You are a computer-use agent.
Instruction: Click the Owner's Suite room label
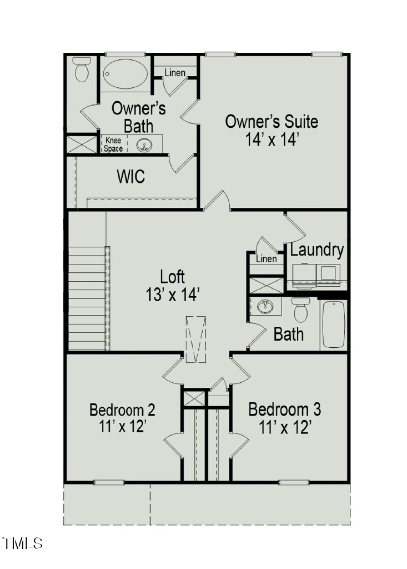[x=272, y=121]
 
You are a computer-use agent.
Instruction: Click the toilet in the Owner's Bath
[x=82, y=69]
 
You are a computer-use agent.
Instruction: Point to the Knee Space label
[x=113, y=144]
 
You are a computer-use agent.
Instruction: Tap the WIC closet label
[x=131, y=177]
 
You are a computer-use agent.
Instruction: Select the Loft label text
[x=172, y=276]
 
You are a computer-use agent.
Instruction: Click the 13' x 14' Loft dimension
[x=172, y=294]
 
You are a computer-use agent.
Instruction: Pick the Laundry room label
[x=316, y=250]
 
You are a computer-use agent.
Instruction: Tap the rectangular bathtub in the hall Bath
[x=334, y=324]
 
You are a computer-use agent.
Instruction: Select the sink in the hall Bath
[x=265, y=306]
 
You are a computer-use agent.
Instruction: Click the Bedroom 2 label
[x=122, y=410]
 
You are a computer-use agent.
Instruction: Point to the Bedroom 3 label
[x=284, y=410]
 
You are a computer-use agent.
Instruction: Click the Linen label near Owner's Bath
[x=175, y=73]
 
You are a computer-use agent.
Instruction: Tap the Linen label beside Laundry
[x=266, y=259]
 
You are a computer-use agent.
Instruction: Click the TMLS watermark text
[x=22, y=542]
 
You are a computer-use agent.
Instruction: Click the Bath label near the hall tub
[x=289, y=334]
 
